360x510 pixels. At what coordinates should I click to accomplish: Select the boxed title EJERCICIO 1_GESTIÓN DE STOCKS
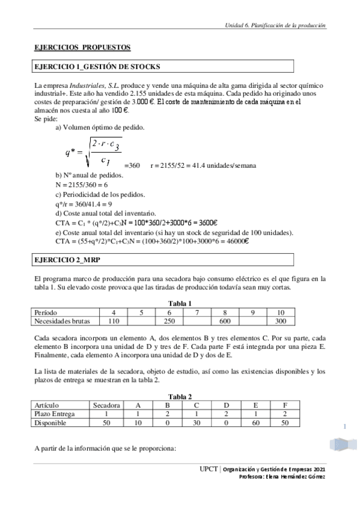pyautogui.click(x=98, y=66)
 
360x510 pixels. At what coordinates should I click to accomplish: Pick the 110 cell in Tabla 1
pyautogui.click(x=114, y=321)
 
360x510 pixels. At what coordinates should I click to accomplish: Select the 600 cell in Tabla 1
pyautogui.click(x=225, y=321)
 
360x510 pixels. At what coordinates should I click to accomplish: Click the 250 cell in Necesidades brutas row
pyautogui.click(x=169, y=321)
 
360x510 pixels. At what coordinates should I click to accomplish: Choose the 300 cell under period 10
pyautogui.click(x=280, y=321)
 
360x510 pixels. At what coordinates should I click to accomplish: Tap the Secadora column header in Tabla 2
pyautogui.click(x=106, y=405)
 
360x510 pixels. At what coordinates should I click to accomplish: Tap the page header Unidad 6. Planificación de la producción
pyautogui.click(x=275, y=26)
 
